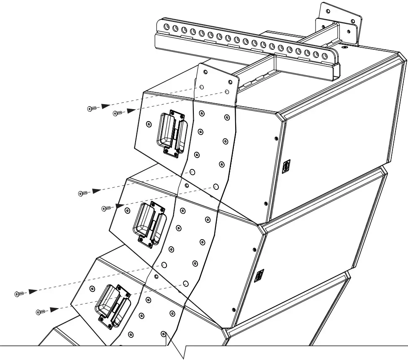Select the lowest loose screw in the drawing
[41, 311]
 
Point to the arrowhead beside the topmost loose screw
[106, 106]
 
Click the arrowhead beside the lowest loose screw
[54, 310]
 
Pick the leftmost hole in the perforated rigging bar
[167, 28]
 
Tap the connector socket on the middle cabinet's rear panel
[259, 275]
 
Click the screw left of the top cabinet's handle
[149, 124]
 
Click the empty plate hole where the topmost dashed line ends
[202, 87]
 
